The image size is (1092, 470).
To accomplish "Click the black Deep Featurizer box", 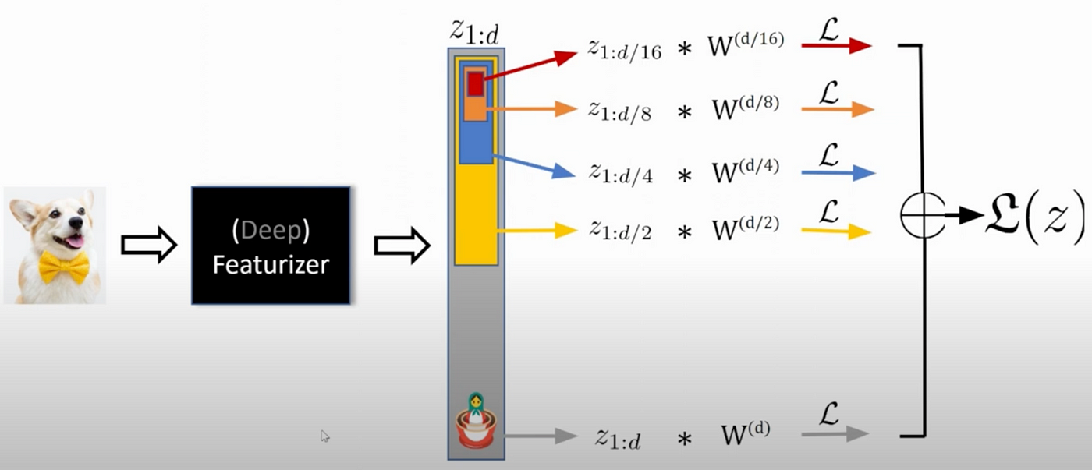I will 271,245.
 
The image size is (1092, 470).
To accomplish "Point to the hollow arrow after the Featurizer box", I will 402,246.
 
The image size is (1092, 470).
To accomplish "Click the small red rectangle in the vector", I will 475,83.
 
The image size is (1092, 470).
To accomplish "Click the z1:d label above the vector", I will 475,30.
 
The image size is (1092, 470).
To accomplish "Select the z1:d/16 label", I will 624,51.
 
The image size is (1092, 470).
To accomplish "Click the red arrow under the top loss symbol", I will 835,46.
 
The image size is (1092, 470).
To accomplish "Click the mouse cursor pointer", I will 324,436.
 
